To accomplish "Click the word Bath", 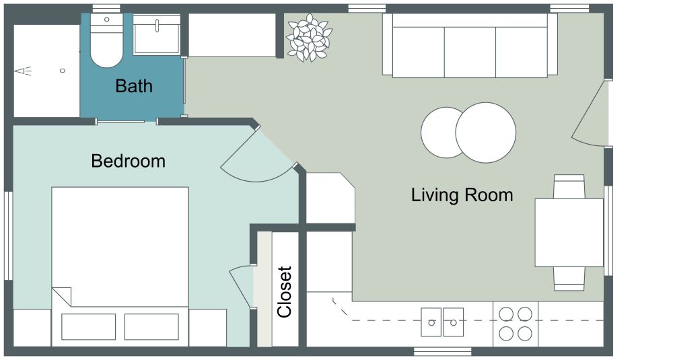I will [x=134, y=86].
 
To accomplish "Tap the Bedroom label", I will [x=128, y=161].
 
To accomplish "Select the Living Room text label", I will [x=462, y=195].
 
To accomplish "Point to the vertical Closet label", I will [x=285, y=292].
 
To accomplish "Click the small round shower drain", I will [x=63, y=70].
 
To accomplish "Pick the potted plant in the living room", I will [x=309, y=38].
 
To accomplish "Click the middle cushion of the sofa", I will [x=470, y=52].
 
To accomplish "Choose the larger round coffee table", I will [x=486, y=133].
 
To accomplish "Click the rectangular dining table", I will [x=569, y=232].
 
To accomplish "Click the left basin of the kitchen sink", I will [x=431, y=321].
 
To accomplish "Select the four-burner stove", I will [x=515, y=323].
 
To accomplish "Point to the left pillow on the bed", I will [x=88, y=326].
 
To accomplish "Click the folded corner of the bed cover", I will [x=61, y=296].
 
